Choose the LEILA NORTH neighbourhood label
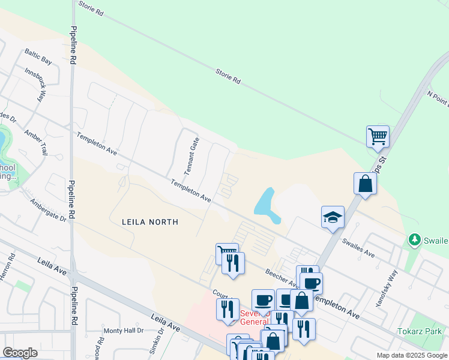pos(150,222)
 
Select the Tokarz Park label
pos(420,331)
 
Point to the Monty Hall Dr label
pos(124,331)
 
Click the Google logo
pos(20,353)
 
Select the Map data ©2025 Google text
pos(412,355)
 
